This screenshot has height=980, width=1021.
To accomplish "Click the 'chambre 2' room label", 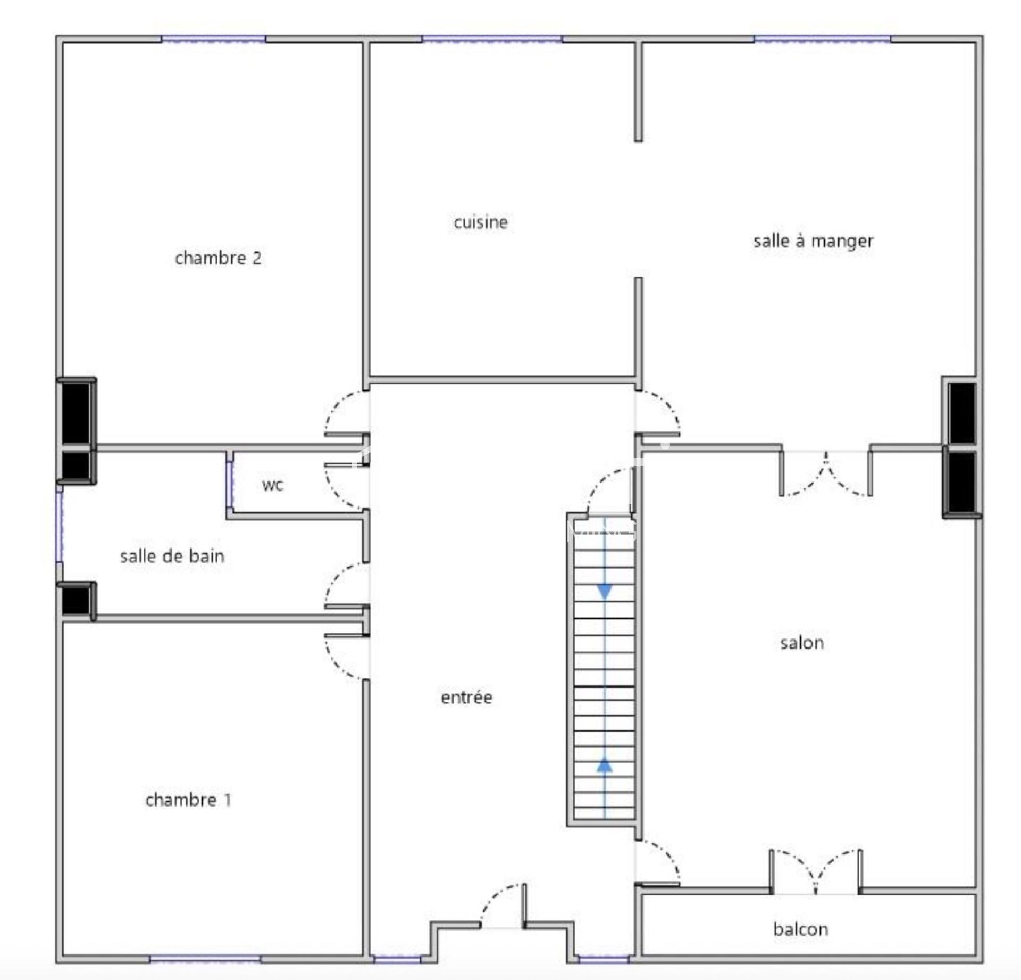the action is click(x=218, y=258).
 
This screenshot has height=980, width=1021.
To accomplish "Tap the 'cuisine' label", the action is click(x=481, y=222).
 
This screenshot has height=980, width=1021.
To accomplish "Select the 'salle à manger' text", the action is click(x=813, y=241).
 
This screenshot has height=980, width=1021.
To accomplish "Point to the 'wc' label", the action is click(x=273, y=485).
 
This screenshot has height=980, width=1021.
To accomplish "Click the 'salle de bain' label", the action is click(x=172, y=557).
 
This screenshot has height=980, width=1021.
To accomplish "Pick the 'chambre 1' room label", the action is click(x=188, y=800).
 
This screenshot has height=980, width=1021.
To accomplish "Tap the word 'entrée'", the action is click(x=466, y=697).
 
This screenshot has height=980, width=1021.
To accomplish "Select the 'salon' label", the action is click(x=802, y=643).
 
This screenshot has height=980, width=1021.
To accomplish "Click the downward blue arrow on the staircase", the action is click(x=605, y=591).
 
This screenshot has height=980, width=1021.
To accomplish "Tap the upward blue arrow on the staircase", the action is click(x=605, y=765).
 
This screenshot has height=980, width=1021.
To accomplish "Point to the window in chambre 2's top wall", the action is click(x=213, y=39).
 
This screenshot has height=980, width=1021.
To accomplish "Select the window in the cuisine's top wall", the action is click(x=492, y=39).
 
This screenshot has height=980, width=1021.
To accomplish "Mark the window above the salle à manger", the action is click(x=823, y=39).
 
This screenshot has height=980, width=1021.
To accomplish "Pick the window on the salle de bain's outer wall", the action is click(x=60, y=526).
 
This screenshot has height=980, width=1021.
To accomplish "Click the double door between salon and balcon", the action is click(x=815, y=873).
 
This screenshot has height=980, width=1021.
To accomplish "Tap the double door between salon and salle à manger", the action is click(x=826, y=473).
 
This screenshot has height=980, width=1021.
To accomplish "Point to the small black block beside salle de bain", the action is click(x=77, y=601).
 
